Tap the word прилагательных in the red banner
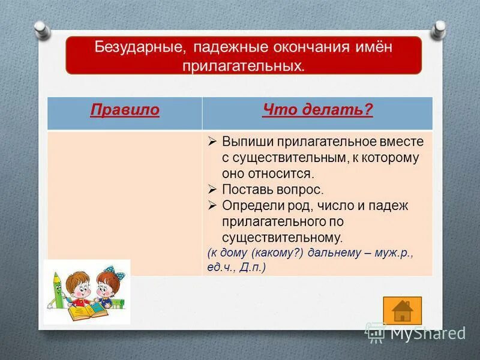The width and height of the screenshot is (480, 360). pos(244,64)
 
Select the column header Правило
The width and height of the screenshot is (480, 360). pos(125,111)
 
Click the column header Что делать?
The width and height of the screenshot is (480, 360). pos(317,111)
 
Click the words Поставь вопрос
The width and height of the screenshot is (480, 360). pos(272,190)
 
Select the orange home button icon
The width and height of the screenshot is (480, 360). pos(402,310)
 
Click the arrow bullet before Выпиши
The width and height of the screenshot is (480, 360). pos(212,142)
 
